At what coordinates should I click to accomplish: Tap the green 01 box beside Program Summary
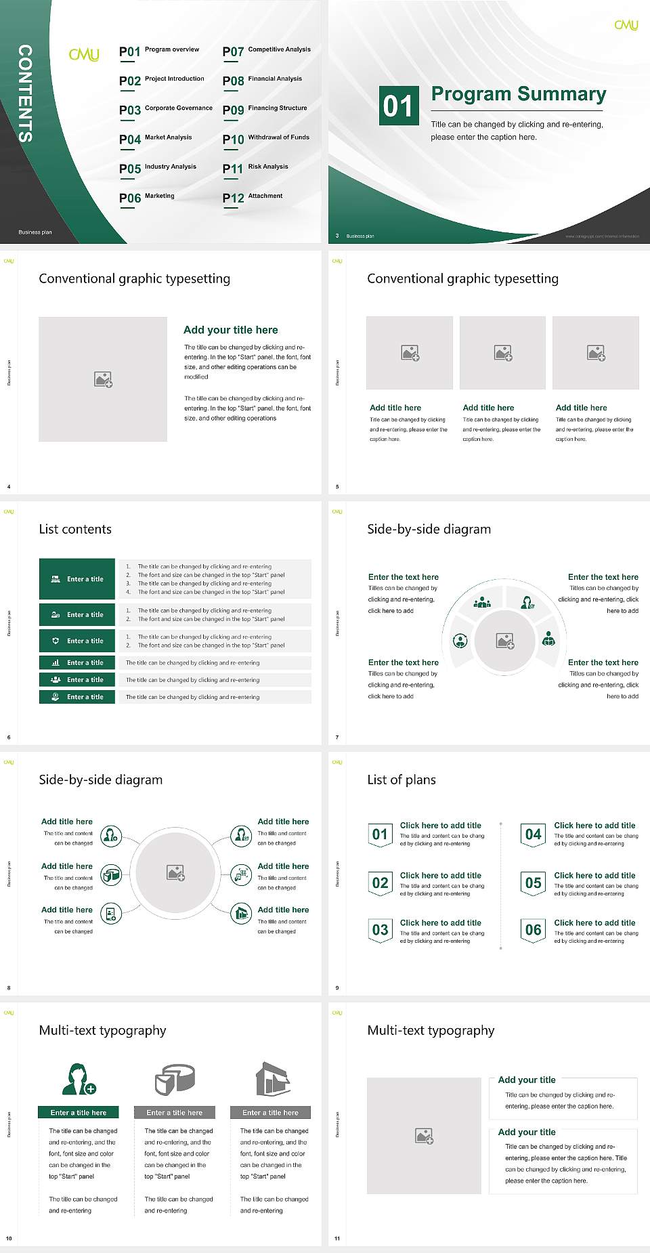click(x=398, y=106)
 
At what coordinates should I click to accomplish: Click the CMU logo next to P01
click(x=84, y=54)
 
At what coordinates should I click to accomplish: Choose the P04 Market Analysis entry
click(x=155, y=139)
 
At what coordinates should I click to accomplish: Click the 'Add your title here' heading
click(x=230, y=330)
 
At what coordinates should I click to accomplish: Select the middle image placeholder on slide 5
click(x=502, y=353)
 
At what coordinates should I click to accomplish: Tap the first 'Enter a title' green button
click(x=77, y=579)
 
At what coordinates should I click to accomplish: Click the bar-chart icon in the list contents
click(x=56, y=662)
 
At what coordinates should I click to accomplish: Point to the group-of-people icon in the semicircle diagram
click(x=482, y=601)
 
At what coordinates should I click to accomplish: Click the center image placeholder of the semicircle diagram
click(x=504, y=641)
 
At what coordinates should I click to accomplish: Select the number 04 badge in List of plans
click(x=534, y=834)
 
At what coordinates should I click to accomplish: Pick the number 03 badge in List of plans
click(x=381, y=931)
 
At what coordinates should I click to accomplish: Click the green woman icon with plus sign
click(x=79, y=1080)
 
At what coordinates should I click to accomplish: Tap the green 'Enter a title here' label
click(x=78, y=1112)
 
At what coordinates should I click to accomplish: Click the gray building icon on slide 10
click(x=273, y=1079)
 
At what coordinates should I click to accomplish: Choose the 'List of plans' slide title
click(x=402, y=780)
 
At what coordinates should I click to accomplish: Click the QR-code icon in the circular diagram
click(x=241, y=875)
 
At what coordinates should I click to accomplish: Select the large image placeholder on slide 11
click(x=424, y=1136)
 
